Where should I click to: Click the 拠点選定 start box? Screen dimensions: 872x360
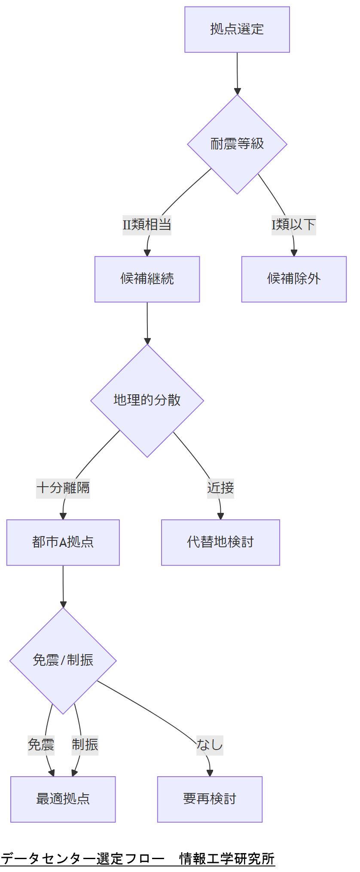point(237,29)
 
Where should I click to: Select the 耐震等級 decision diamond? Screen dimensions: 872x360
point(237,144)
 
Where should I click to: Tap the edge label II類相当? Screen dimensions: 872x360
point(147,225)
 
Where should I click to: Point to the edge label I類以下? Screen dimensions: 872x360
point(294,225)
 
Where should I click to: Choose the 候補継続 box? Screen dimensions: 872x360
point(147,279)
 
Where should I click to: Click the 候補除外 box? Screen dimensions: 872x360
point(294,279)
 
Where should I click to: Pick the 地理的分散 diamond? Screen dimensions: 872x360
point(147,400)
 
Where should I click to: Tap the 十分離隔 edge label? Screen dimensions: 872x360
point(63,488)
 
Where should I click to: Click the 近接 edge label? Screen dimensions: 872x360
point(220,488)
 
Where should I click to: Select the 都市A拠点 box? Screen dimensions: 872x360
point(63,543)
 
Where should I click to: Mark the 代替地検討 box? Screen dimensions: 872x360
point(220,543)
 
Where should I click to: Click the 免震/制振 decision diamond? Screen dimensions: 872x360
point(63,661)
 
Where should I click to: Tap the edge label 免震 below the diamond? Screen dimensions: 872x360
point(41,744)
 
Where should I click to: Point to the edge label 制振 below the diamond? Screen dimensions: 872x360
point(85,744)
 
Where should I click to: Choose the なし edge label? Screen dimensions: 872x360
point(210,744)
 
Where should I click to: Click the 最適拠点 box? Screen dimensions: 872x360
point(63,799)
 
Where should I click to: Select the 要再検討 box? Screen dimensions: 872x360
point(210,799)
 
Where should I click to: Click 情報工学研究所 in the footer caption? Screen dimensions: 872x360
point(227,859)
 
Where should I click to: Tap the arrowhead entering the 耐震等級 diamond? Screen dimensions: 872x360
point(238,91)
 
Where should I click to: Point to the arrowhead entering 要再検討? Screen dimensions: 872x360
point(210,773)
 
